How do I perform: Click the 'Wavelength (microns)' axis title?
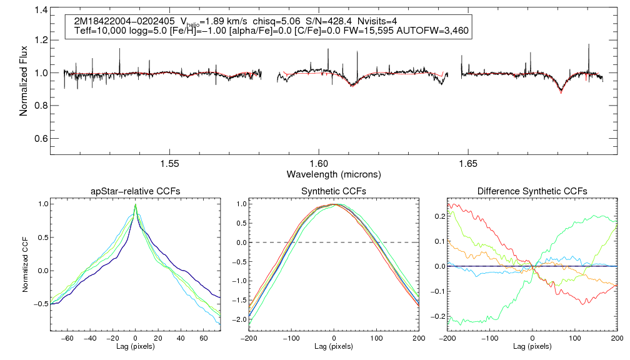coord(334,174)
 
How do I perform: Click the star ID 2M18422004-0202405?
coord(118,21)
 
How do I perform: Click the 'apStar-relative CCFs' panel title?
coord(135,191)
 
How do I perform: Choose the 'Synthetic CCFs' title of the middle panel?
coord(334,191)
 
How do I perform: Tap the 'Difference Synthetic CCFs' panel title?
coord(532,191)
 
